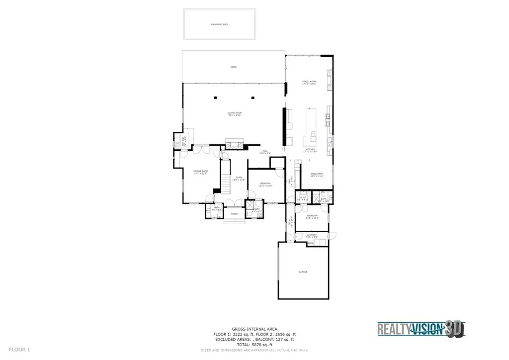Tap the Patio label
click(x=233, y=67)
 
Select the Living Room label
click(x=235, y=114)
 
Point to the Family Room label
click(x=309, y=83)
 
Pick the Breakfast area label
click(x=317, y=175)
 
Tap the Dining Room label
click(x=200, y=172)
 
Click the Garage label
click(x=303, y=272)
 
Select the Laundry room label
click(x=312, y=236)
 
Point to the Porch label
click(x=234, y=214)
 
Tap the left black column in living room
click(x=215, y=98)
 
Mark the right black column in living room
click(x=253, y=98)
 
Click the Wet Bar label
click(x=183, y=142)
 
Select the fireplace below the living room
click(x=235, y=145)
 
